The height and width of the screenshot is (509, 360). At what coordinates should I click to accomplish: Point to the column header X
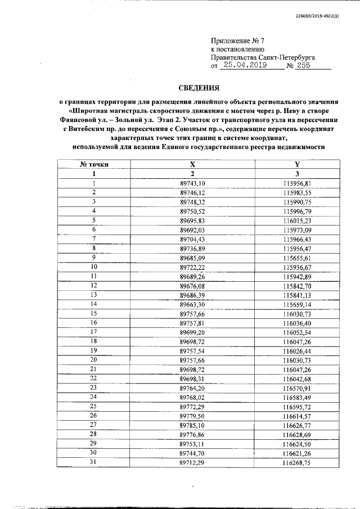tap(192, 164)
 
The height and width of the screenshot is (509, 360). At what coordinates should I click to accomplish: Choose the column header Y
tap(297, 164)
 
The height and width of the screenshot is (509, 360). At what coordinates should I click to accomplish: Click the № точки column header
tap(94, 164)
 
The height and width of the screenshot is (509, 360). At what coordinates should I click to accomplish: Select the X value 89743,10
tap(193, 184)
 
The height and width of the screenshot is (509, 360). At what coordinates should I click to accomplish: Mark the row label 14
tap(94, 304)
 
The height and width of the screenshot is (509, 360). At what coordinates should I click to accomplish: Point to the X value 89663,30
tap(193, 304)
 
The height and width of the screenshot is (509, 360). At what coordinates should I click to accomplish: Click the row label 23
tap(94, 388)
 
